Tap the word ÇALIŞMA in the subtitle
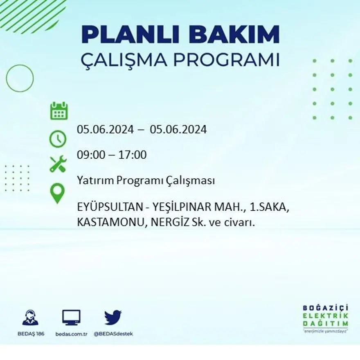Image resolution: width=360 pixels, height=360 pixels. pyautogui.click(x=123, y=60)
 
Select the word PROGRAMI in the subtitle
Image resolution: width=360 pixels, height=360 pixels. pyautogui.click(x=226, y=60)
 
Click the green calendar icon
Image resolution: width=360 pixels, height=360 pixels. pyautogui.click(x=59, y=111)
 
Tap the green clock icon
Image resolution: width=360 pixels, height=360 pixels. pyautogui.click(x=58, y=139)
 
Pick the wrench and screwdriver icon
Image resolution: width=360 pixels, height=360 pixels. pyautogui.click(x=58, y=164)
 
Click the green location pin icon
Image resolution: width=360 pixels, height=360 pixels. pyautogui.click(x=58, y=193)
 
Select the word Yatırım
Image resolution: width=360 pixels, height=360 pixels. pyautogui.click(x=92, y=180)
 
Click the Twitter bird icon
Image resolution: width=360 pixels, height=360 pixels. pyautogui.click(x=113, y=317)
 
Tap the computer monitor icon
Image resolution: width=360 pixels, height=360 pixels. pyautogui.click(x=71, y=317)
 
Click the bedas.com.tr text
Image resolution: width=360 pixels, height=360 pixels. pyautogui.click(x=72, y=333)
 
